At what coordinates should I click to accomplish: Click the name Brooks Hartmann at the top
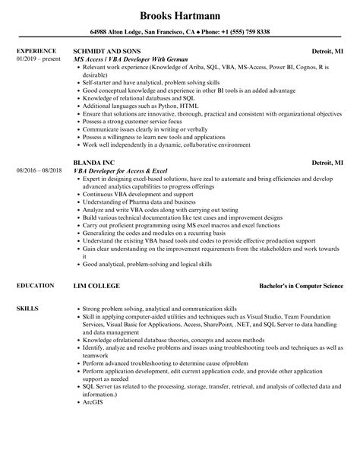click(179, 14)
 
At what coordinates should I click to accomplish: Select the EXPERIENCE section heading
click(35, 52)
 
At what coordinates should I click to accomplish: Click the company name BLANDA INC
click(93, 162)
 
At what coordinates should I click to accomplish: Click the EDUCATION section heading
click(34, 285)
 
